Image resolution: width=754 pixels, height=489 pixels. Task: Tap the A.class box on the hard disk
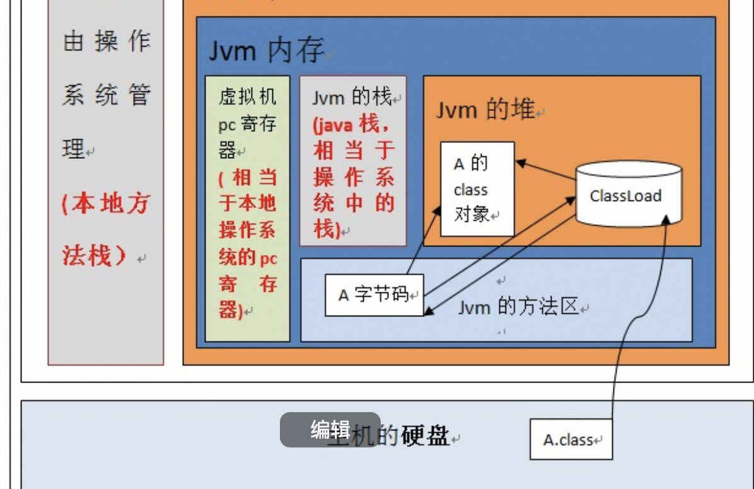[571, 439]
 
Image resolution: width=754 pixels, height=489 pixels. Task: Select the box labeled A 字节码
[374, 294]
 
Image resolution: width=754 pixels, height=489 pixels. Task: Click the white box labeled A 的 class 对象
[477, 189]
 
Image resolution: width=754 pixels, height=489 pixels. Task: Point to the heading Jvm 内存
[266, 50]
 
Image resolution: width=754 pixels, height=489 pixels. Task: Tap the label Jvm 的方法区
[518, 307]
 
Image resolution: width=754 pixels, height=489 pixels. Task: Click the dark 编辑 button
[330, 430]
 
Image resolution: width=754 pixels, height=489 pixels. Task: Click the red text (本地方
[106, 204]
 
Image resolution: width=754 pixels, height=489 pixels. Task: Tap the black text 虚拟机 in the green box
[247, 96]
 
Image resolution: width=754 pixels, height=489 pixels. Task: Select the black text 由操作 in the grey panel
[107, 42]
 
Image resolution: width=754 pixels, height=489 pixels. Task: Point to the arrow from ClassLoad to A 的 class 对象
[545, 170]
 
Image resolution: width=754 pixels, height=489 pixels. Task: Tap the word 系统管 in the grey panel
[107, 96]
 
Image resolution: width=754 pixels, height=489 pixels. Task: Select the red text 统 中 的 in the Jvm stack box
[354, 203]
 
